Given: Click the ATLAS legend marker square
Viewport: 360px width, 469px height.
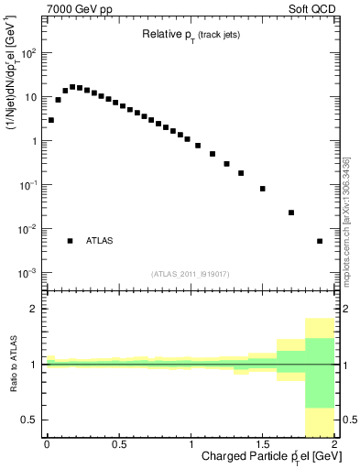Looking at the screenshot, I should tap(70, 241).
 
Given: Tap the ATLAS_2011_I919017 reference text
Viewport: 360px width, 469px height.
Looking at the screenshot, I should tap(190, 273).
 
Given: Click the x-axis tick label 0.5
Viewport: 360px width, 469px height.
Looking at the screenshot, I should tap(118, 444).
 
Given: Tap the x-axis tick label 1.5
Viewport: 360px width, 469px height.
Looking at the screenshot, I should tap(263, 444).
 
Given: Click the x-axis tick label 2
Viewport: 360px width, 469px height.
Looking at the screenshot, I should tap(335, 444).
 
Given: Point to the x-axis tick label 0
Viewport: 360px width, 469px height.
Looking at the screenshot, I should tap(46, 444).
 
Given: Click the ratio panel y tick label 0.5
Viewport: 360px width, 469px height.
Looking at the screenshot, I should tap(31, 420).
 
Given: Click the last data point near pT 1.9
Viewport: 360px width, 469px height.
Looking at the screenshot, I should tap(320, 241).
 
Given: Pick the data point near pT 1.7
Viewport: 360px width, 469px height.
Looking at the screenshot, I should tap(291, 213).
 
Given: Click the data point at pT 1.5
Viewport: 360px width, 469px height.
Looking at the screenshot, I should tap(263, 189).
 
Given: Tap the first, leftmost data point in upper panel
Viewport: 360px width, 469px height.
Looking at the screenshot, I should tap(51, 120).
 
